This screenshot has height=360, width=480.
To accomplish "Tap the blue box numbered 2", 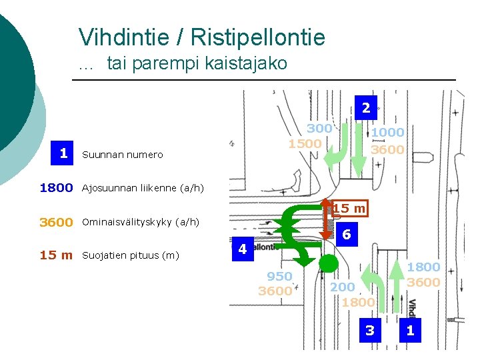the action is tap(366, 107).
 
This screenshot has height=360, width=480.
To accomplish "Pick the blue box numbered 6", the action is tap(346, 234).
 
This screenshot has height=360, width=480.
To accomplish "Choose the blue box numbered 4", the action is tap(243, 249).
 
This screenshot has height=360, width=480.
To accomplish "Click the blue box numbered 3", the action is tap(370, 330).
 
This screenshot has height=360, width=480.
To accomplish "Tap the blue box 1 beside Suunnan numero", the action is tap(63, 153).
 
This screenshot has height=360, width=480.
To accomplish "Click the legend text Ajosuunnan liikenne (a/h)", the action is tap(142, 188).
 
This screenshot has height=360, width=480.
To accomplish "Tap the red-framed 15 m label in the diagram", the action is tap(350, 209).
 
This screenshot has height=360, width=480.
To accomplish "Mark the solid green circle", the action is tap(328, 263).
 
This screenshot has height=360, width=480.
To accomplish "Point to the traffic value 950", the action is tap(279, 276).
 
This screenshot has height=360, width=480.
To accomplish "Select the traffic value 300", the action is tap(319, 128).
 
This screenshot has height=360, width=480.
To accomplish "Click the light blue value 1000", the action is tap(388, 133).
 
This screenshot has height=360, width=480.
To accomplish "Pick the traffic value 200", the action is tap(343, 287).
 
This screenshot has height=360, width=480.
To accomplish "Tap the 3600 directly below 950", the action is tap(275, 291).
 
